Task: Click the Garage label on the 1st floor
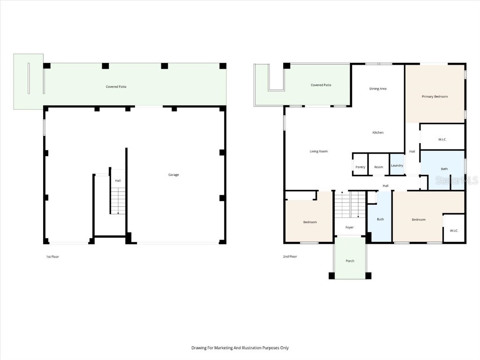pos(173,175)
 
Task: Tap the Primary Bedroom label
pos(435,97)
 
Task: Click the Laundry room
pos(397,165)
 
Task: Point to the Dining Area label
pos(378,89)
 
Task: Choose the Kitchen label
pos(378,133)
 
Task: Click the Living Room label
pos(318,151)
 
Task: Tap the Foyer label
pos(350,227)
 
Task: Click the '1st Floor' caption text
pos(52,256)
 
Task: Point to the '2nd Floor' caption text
pos(290,256)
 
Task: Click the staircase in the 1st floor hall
pos(118,201)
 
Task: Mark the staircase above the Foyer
pos(350,204)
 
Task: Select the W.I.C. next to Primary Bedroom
pos(442,139)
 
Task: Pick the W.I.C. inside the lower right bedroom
pos(454,230)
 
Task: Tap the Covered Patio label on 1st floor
pos(116,87)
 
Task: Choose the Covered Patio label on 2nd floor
pos(321,85)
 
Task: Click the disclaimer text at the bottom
pos(240,348)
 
